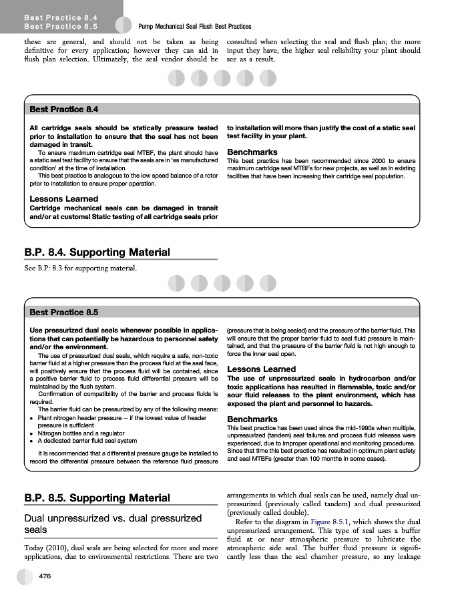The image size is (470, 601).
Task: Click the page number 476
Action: [x=46, y=576]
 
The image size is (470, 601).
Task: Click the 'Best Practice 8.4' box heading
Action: [x=64, y=109]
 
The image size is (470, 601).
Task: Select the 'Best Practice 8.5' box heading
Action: [x=64, y=312]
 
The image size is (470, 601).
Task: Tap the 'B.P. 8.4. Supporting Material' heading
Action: [x=97, y=252]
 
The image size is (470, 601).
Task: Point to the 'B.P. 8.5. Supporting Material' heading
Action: [x=97, y=497]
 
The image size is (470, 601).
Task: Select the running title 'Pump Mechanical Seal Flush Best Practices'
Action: [x=194, y=26]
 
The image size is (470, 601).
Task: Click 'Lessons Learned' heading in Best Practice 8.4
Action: [x=64, y=198]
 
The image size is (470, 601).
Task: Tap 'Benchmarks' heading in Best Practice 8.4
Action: [x=252, y=152]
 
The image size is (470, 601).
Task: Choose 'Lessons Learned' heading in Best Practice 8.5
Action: [x=262, y=369]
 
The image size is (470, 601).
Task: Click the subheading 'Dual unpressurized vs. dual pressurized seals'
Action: [x=113, y=524]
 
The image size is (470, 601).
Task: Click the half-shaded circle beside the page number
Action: [x=25, y=576]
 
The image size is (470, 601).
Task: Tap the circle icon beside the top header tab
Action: [x=124, y=25]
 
